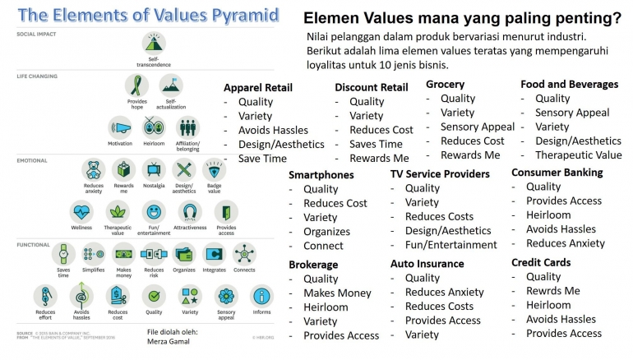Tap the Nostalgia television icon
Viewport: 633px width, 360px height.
point(154,170)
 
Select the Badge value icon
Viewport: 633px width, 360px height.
point(214,170)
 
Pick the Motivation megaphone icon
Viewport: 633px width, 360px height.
point(120,127)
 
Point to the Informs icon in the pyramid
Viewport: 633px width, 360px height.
point(261,296)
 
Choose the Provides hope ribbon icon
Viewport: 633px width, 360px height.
point(136,85)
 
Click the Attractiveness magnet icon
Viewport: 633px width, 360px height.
point(190,212)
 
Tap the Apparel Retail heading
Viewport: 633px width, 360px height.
point(257,88)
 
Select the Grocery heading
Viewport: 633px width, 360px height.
point(445,84)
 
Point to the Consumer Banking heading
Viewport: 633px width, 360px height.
point(557,173)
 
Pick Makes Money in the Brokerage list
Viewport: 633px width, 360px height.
point(337,293)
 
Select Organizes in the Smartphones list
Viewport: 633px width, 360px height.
point(326,232)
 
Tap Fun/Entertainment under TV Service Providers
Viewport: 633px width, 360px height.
point(450,244)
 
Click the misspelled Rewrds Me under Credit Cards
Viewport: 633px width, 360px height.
point(552,291)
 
